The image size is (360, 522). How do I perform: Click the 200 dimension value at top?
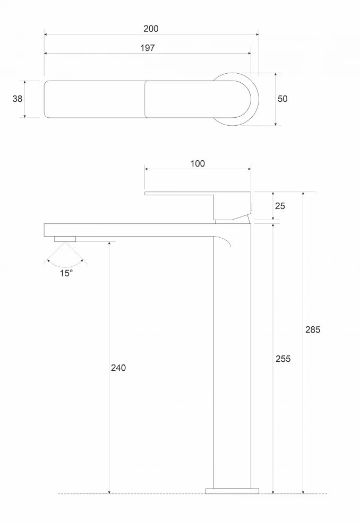click(151, 29)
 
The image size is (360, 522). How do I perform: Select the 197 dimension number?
click(147, 48)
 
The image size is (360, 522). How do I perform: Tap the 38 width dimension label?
click(18, 99)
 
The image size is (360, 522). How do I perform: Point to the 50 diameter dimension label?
click(282, 99)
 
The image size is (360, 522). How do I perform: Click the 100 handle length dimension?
click(198, 163)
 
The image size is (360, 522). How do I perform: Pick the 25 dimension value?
click(280, 206)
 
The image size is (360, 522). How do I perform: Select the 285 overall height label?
click(313, 329)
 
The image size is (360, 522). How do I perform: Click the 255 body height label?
click(283, 359)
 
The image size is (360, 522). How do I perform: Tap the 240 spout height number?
click(118, 368)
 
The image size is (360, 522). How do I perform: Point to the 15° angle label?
click(66, 273)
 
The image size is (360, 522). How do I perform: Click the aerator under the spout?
click(65, 239)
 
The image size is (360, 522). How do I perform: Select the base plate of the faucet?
click(233, 491)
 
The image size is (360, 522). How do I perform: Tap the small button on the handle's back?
click(252, 207)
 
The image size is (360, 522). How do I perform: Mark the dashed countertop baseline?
click(192, 494)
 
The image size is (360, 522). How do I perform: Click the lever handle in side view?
click(198, 206)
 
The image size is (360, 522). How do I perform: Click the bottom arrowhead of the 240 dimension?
click(109, 491)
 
